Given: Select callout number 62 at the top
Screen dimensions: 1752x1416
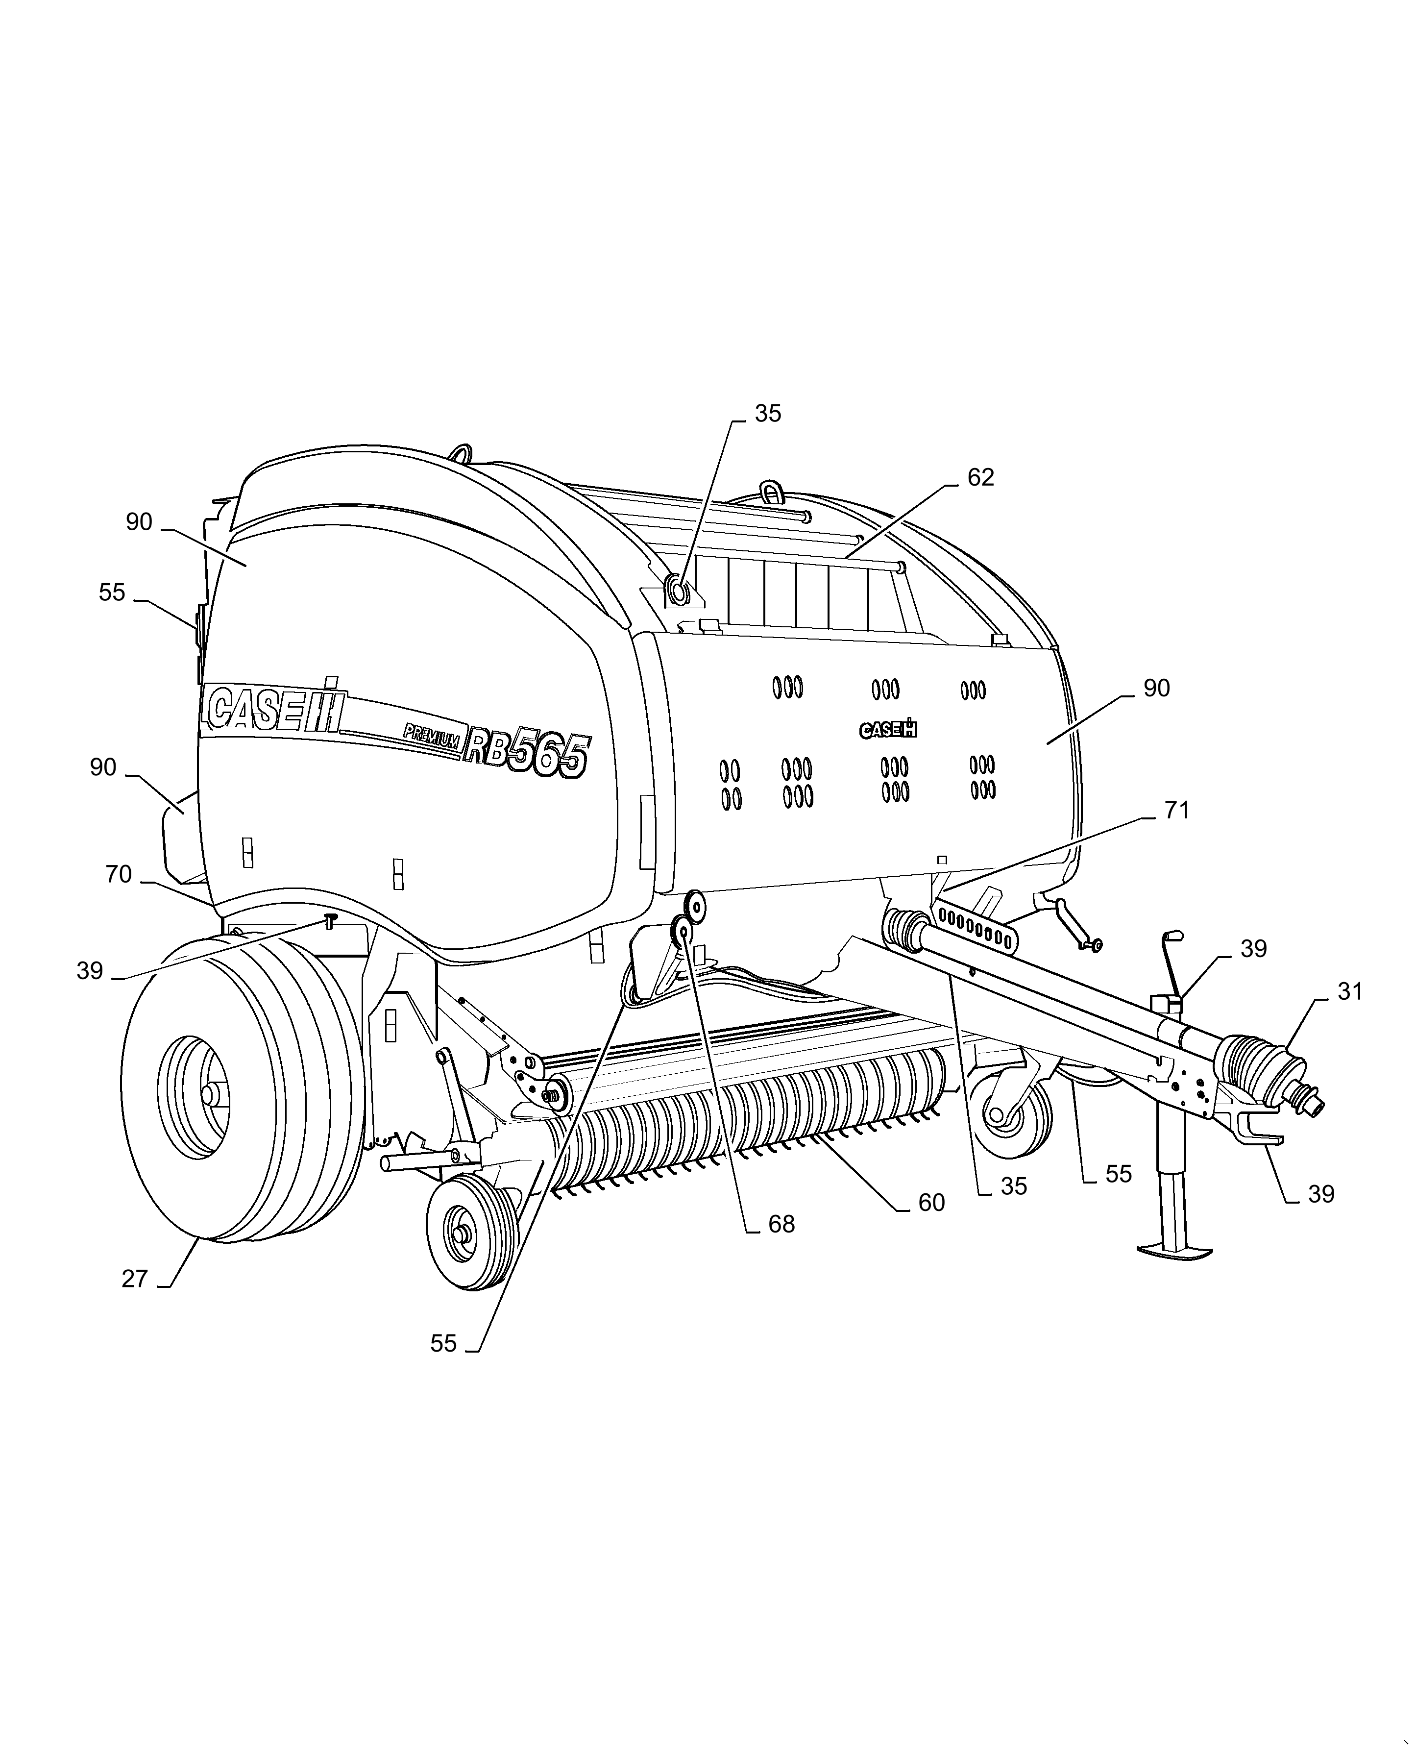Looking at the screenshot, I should pyautogui.click(x=980, y=477).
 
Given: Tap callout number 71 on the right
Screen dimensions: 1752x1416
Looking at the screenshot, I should pyautogui.click(x=1175, y=810).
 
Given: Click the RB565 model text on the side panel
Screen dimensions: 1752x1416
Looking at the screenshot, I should pyautogui.click(x=526, y=753).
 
